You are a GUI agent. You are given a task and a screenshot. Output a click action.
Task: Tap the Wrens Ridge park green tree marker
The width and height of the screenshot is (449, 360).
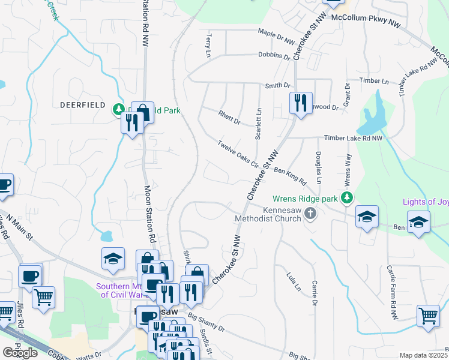point(346,197)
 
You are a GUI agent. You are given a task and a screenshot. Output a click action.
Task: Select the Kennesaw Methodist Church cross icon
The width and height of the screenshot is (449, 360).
point(310,214)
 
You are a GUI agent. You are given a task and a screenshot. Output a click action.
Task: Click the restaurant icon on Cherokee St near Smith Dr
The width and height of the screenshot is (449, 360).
point(301,103)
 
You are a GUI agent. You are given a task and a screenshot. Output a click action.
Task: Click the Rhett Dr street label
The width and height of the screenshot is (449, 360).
point(229,118)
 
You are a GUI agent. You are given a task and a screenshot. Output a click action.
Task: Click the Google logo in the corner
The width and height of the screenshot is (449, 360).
point(20,352)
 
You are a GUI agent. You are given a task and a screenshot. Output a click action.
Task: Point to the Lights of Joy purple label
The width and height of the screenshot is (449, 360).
point(426,202)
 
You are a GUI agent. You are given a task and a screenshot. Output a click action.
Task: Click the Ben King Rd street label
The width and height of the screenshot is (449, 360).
point(290,175)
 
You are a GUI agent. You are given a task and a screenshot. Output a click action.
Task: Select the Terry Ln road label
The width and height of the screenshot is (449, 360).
point(209,46)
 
